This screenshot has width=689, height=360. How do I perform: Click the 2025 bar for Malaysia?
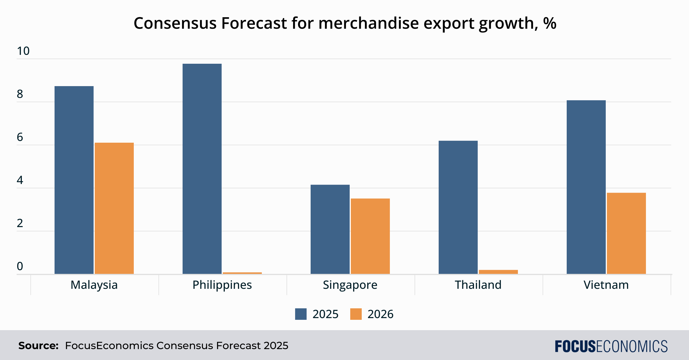[74, 180]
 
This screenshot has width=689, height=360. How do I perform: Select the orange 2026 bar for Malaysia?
[114, 208]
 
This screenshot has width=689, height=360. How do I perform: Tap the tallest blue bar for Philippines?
[202, 169]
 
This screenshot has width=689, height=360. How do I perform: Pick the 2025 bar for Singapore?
[330, 229]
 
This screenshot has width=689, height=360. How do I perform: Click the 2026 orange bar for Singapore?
[370, 236]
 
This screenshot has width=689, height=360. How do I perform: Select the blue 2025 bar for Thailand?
[458, 207]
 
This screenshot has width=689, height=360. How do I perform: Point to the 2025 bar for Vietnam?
[586, 187]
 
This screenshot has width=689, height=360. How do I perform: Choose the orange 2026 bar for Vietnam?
[626, 233]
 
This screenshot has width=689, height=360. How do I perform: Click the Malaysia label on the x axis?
[94, 285]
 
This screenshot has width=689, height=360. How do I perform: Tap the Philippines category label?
[222, 285]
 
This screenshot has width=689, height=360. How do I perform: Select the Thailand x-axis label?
[478, 285]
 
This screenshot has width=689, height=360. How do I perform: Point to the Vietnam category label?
[606, 285]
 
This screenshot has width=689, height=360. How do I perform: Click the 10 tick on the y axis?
[23, 51]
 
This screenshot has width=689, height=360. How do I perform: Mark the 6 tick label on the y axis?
[20, 137]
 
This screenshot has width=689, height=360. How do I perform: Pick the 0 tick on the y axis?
[20, 266]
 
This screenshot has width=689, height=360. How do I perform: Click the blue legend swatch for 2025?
[301, 314]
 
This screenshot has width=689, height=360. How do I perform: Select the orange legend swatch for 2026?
[356, 314]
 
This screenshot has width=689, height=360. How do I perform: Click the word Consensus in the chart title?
[175, 23]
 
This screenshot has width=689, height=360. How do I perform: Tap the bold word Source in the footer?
[38, 346]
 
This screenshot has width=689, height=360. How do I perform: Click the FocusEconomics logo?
[611, 346]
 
